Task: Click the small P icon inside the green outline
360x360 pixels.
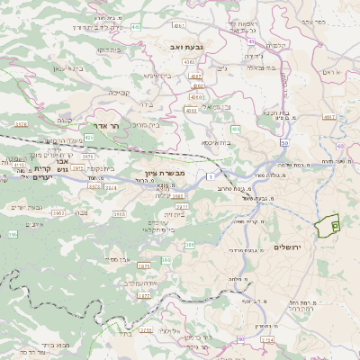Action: coord(335,225)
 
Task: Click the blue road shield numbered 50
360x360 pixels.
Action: coord(284,142)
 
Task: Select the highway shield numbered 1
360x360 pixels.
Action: coord(209,177)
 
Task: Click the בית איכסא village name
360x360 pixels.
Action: coord(216,141)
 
